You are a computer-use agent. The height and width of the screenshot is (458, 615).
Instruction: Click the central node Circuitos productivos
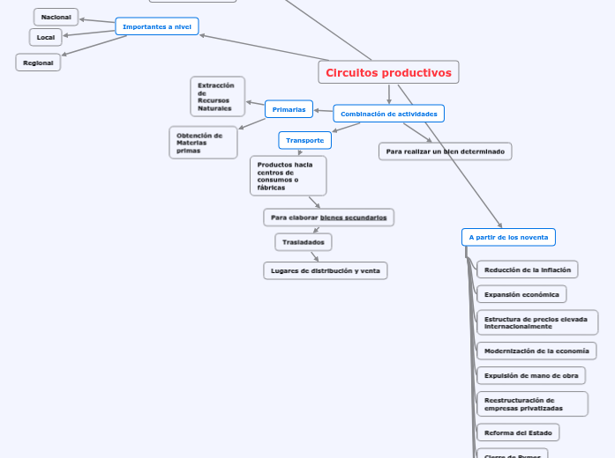point(388,73)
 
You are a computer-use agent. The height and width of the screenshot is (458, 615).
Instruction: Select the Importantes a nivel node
point(157,26)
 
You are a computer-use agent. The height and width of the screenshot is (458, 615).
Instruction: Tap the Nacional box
point(56,17)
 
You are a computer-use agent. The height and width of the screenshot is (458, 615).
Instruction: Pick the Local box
point(46,37)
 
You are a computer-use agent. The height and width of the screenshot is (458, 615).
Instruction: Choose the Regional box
point(38,63)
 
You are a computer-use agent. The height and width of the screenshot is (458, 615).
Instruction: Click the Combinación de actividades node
point(388,114)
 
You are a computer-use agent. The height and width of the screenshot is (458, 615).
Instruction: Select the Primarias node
point(289,109)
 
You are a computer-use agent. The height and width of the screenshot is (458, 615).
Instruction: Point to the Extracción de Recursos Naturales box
point(217,97)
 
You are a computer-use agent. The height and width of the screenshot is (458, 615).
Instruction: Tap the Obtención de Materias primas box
point(203,143)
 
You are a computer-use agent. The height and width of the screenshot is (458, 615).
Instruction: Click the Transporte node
point(304,140)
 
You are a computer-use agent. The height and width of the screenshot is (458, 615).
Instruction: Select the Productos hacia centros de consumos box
point(288,175)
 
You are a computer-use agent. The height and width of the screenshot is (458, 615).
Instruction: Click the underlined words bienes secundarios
point(353,218)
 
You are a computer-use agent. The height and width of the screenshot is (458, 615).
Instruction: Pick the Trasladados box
point(304,242)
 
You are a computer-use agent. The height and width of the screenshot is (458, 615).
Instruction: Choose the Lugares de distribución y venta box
point(325,270)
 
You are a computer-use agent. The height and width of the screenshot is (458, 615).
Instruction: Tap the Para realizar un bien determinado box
point(445,151)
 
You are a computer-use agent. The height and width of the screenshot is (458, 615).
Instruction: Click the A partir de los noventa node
point(508,237)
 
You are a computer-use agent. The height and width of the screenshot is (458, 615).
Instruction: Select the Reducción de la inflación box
point(527,270)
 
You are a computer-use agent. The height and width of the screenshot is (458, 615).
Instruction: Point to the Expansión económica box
point(521,294)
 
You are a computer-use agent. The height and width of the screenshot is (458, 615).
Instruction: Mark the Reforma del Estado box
point(517,432)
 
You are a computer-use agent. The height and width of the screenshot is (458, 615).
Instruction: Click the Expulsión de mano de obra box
point(531,375)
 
